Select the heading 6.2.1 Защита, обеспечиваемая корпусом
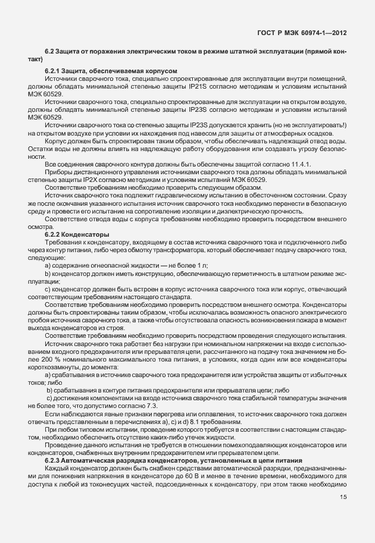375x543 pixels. pyautogui.click(x=110, y=72)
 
